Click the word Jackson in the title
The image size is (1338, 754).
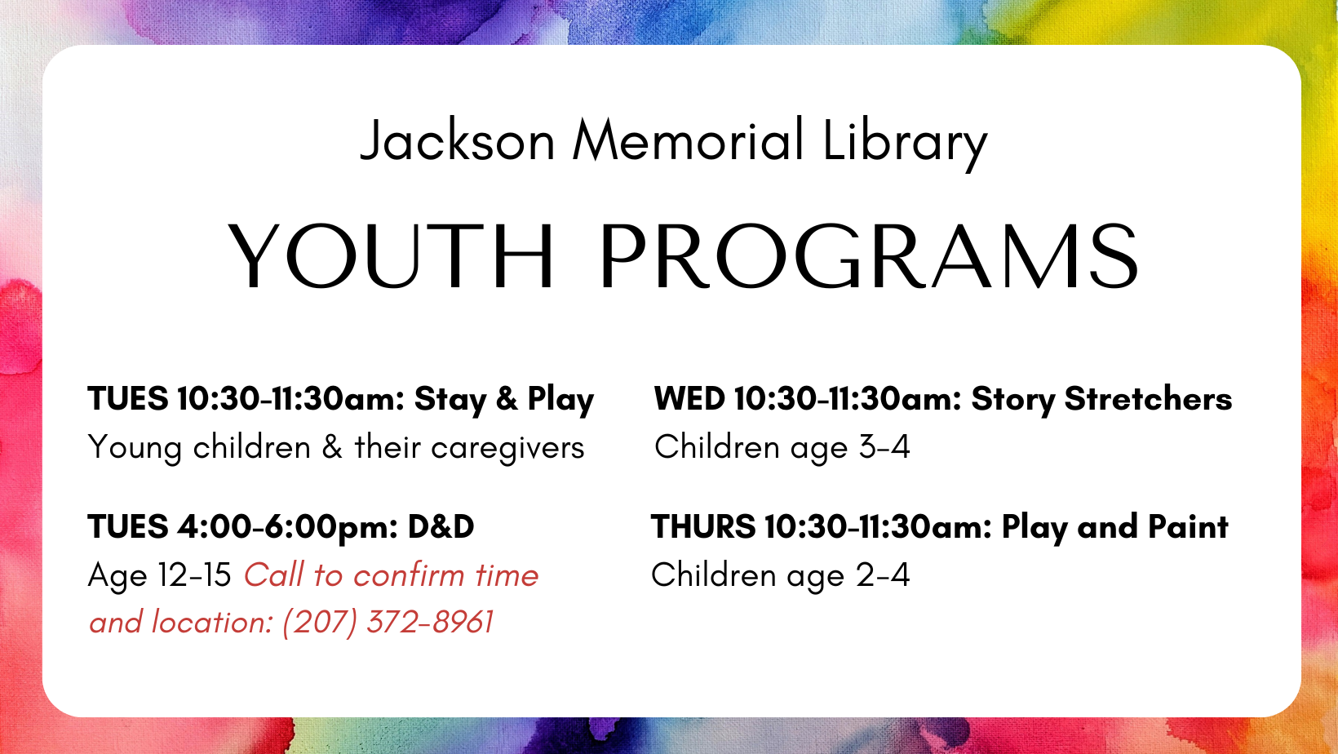(458, 142)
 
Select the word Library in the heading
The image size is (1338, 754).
(905, 144)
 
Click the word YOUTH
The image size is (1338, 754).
(391, 256)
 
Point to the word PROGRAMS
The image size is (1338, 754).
(869, 256)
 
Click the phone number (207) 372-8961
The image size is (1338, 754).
(388, 623)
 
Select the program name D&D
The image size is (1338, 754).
(441, 527)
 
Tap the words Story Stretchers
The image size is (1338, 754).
(1101, 400)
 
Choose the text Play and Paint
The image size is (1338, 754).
(1114, 528)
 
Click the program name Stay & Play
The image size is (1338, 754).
(504, 400)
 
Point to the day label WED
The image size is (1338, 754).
(690, 398)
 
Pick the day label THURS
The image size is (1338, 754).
(703, 527)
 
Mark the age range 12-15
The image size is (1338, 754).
(195, 575)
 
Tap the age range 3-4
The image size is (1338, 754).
(884, 447)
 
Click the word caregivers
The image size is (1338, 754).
(507, 449)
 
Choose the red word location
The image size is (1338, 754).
(212, 623)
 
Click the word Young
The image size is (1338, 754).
(135, 449)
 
